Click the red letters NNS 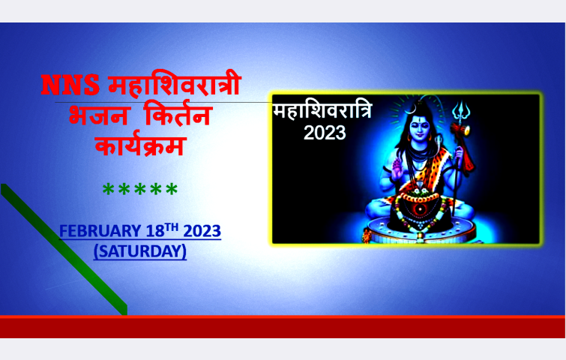click(70, 85)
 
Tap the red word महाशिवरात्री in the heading click(175, 83)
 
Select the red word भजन click(97, 115)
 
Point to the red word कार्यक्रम click(140, 145)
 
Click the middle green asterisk click(140, 189)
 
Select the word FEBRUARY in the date click(100, 231)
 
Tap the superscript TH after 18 click(172, 227)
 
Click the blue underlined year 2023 click(202, 231)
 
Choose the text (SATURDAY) click(140, 251)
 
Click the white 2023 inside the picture click(325, 133)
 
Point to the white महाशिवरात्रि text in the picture click(322, 110)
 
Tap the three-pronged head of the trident click(461, 109)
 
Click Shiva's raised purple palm click(397, 169)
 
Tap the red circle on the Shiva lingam click(420, 209)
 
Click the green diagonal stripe click(64, 250)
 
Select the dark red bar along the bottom click(283, 327)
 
